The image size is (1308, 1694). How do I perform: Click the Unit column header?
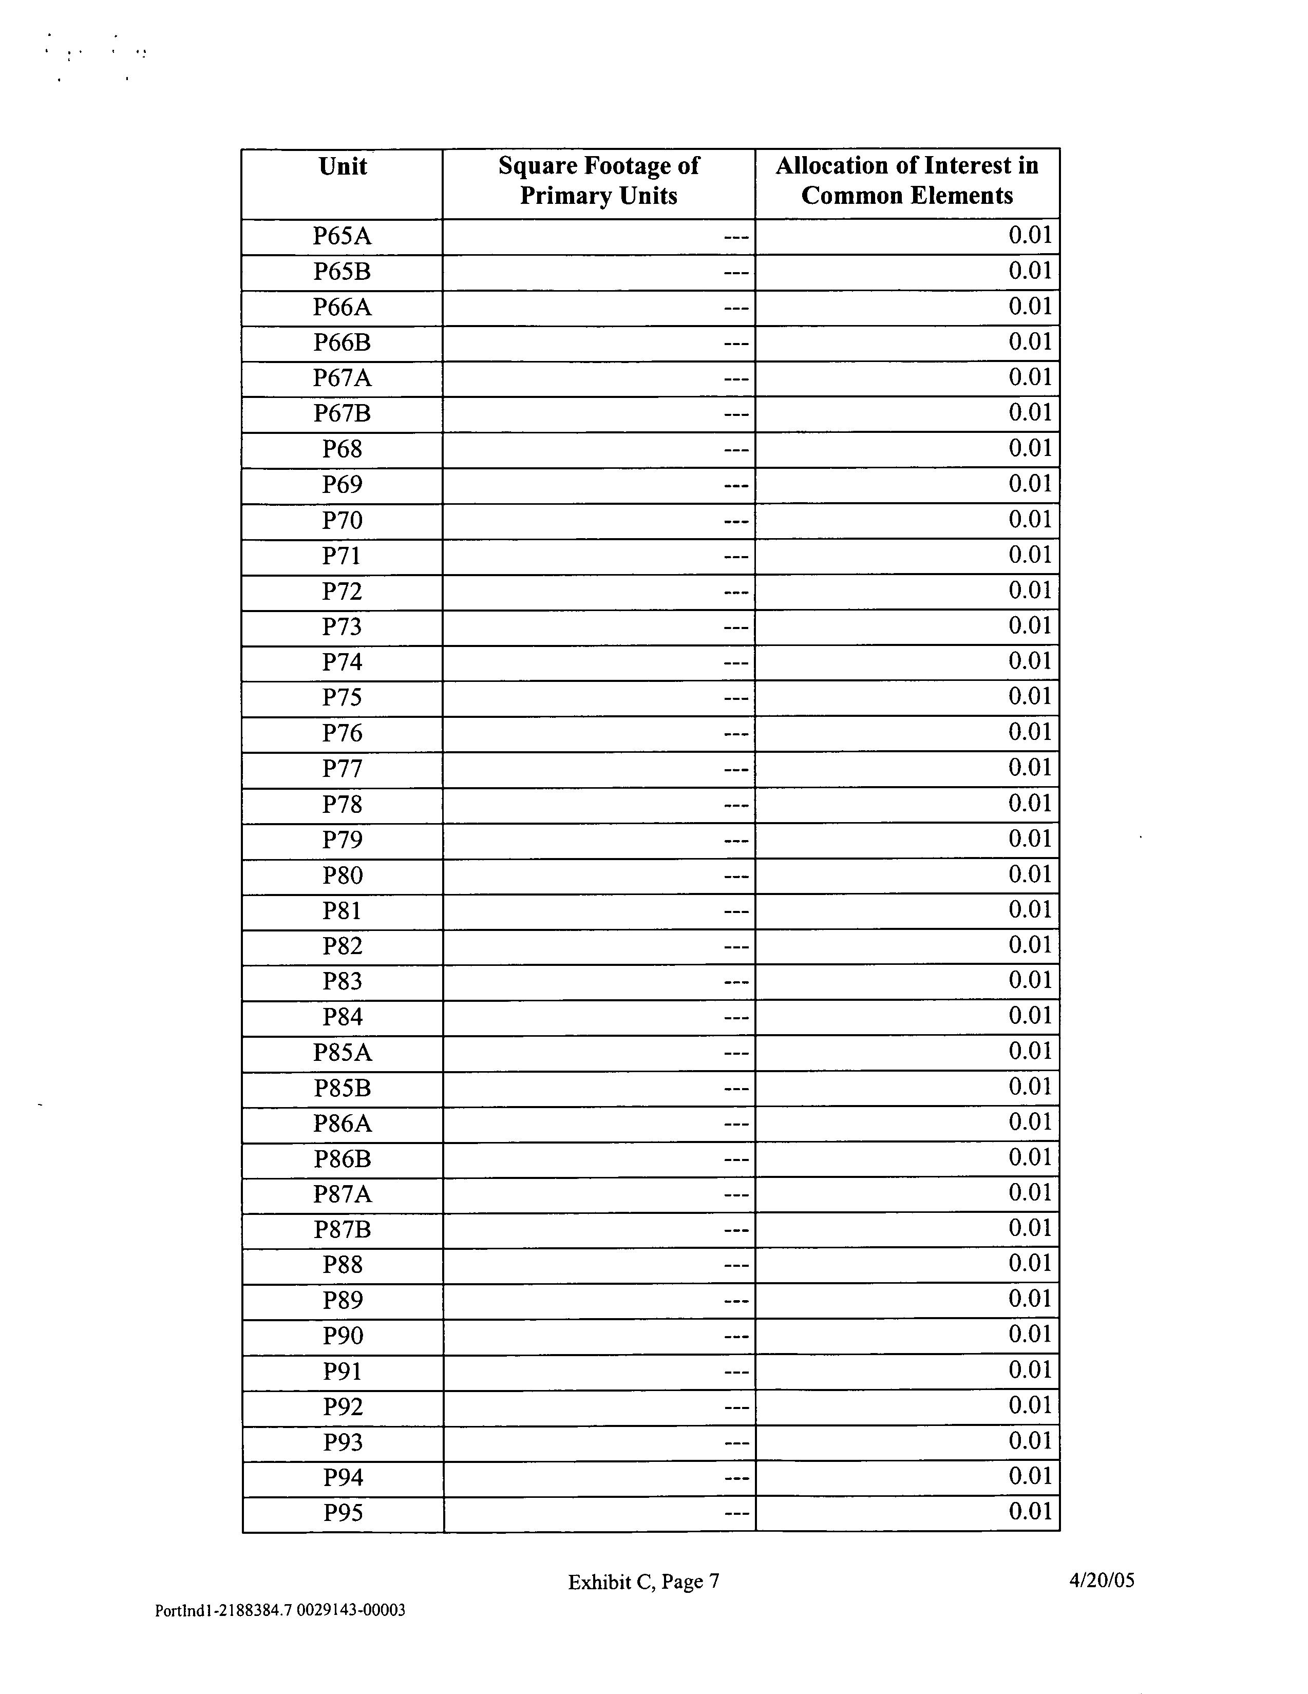tap(342, 167)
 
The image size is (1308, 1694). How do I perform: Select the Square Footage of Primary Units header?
tap(598, 180)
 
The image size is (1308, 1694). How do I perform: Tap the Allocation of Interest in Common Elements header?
tap(907, 180)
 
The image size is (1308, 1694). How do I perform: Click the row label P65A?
tap(342, 236)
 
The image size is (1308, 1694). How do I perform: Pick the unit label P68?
tap(342, 449)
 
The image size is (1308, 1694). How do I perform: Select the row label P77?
tap(342, 769)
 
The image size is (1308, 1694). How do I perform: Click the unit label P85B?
tap(342, 1088)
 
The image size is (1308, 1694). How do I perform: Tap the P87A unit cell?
tap(342, 1194)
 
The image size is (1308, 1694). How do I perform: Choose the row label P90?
tap(342, 1336)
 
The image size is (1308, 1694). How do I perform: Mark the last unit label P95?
tap(342, 1513)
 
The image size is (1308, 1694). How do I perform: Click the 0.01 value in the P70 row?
tap(1030, 519)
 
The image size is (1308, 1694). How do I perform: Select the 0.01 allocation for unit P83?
tap(1030, 980)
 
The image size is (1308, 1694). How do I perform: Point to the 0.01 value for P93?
tap(1030, 1441)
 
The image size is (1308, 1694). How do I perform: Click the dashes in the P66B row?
tap(736, 344)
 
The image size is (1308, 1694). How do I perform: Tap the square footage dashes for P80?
tap(736, 877)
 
